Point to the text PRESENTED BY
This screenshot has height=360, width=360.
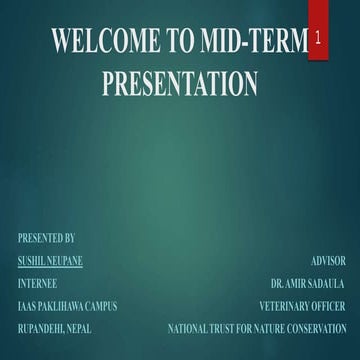tap(46, 239)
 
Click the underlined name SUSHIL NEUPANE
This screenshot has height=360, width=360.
tap(50, 261)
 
